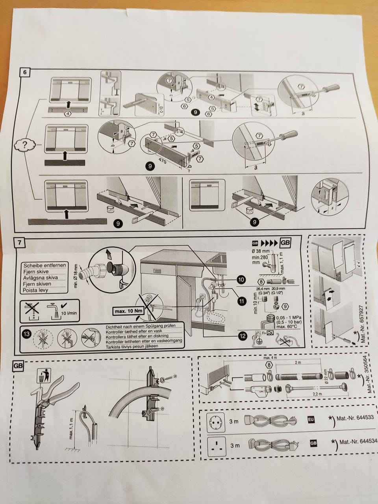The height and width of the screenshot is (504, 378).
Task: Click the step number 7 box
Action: tap(19, 243)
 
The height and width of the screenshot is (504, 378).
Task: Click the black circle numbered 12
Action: tap(242, 335)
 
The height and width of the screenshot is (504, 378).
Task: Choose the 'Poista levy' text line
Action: tap(36, 290)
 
